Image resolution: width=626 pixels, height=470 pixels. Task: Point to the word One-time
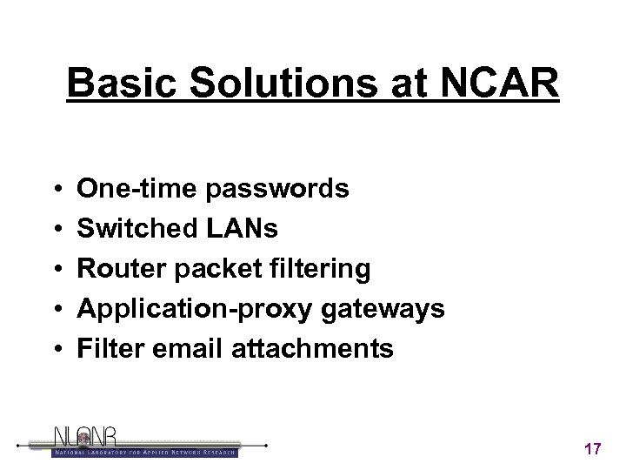(131, 188)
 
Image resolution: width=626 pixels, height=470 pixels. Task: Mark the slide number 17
(593, 448)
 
